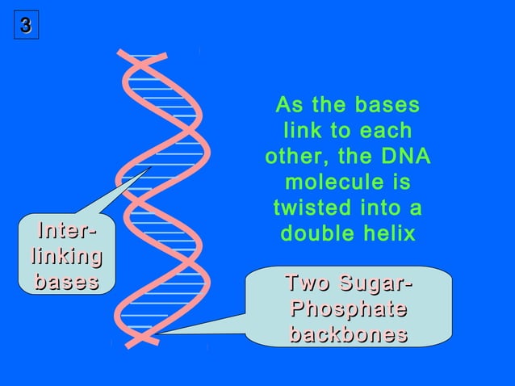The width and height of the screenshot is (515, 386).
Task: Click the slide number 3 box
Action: pos(25,27)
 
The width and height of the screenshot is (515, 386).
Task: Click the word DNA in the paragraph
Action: pos(408,157)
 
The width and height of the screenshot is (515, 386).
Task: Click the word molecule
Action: pos(330,183)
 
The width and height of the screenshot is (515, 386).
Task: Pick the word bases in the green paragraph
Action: pos(392,105)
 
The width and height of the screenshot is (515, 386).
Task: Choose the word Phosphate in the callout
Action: pos(348,309)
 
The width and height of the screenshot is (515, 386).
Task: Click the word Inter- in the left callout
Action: pos(66,232)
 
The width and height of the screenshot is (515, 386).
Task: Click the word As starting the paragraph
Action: pos(288,105)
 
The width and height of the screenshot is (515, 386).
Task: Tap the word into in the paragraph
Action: pos(378,208)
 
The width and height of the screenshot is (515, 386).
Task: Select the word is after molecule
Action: pos(400,183)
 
